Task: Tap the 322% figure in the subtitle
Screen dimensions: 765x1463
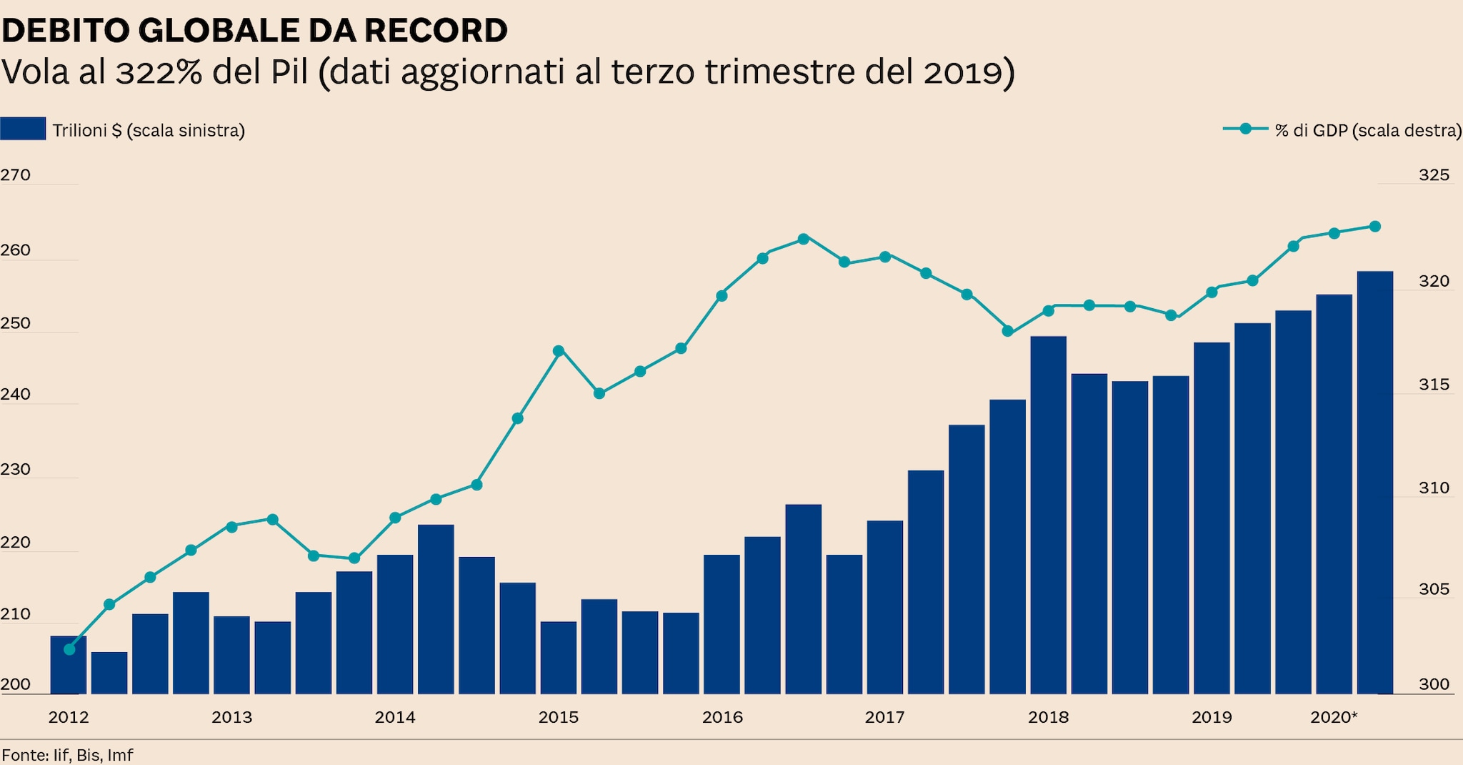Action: click(159, 72)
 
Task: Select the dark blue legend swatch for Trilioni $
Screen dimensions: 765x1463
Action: click(23, 129)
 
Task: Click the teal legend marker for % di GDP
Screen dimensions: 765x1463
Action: click(1245, 129)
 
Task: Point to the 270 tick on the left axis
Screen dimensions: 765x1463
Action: click(15, 175)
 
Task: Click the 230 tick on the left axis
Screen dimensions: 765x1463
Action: click(15, 469)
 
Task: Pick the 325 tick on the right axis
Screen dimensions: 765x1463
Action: click(1434, 175)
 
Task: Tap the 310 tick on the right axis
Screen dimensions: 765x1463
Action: click(1434, 488)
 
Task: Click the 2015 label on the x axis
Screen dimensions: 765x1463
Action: click(559, 717)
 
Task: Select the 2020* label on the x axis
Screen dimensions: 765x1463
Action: click(1334, 717)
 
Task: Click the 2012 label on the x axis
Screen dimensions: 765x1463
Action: click(69, 717)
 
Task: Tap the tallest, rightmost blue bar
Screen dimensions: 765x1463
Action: click(1374, 483)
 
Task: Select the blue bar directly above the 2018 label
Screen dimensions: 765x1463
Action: click(1048, 515)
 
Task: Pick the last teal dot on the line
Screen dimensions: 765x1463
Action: click(1374, 227)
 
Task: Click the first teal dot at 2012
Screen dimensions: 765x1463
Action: click(69, 649)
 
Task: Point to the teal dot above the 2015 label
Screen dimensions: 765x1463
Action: click(559, 350)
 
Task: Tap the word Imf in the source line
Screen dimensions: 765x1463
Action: click(120, 755)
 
